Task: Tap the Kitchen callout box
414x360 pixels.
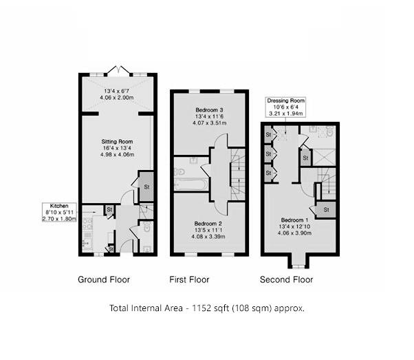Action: tap(60, 211)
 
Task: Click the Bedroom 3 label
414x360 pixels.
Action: tap(206, 110)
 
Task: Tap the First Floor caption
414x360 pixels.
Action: tap(189, 279)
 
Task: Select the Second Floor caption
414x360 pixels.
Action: tap(286, 279)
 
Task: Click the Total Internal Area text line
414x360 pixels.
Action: tap(206, 308)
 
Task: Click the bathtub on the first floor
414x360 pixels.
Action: tap(190, 184)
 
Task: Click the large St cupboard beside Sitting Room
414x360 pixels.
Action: tap(146, 187)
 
